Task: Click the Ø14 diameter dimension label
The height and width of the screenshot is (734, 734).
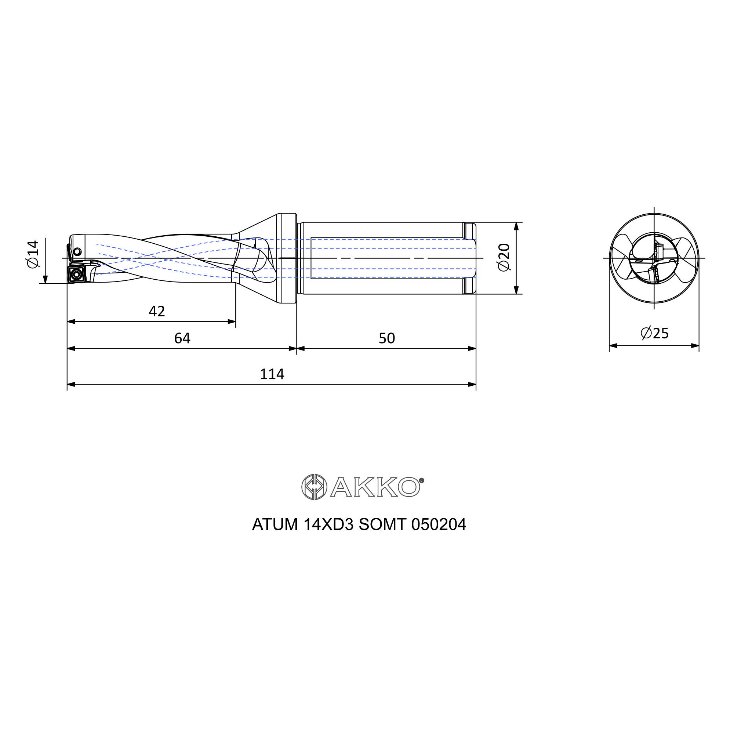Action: click(33, 254)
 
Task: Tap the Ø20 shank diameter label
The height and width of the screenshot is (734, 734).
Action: click(504, 257)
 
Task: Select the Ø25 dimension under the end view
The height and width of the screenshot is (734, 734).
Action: click(655, 333)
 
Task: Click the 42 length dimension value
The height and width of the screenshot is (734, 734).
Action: click(157, 312)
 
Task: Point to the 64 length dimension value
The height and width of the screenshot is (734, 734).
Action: click(182, 338)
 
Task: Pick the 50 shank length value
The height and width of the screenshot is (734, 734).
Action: click(387, 338)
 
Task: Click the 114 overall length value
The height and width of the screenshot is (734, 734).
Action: click(272, 374)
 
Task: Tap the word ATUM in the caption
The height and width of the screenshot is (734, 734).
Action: click(275, 525)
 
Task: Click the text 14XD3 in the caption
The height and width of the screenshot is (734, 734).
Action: click(328, 525)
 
